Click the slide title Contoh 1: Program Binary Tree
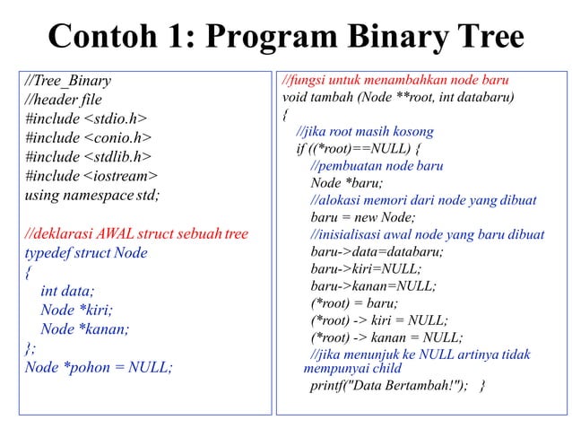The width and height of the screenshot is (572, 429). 285,37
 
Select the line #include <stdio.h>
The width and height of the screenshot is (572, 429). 86,118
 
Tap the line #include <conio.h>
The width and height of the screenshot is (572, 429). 88,137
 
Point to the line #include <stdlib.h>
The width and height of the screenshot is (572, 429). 88,156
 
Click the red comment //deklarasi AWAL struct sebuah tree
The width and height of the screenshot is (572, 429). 136,234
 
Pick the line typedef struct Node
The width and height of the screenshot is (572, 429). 86,253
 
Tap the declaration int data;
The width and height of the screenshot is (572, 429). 67,291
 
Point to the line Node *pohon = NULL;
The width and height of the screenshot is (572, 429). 99,366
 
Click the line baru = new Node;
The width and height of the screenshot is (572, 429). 363,217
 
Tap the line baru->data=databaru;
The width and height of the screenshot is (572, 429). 377,251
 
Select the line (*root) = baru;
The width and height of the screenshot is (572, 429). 353,303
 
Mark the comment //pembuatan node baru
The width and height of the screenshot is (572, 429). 377,166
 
